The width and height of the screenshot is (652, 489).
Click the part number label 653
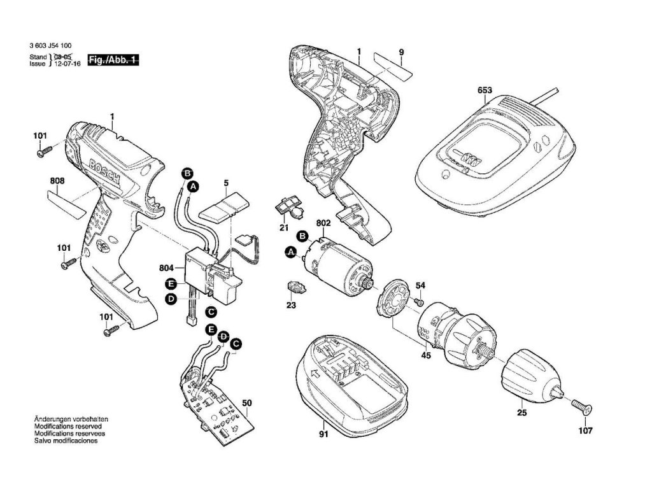[x=485, y=91]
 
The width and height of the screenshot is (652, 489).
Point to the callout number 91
[x=323, y=436]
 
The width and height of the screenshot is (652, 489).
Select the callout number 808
[x=57, y=181]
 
